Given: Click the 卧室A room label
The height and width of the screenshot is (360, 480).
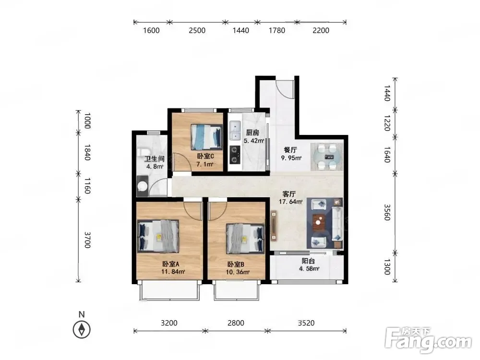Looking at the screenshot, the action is point(170,264).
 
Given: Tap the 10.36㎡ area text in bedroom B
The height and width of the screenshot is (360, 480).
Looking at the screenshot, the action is point(238,272).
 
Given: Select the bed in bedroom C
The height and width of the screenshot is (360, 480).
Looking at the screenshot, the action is point(206,137).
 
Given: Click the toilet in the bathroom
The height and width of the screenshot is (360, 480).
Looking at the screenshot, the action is point(143,152).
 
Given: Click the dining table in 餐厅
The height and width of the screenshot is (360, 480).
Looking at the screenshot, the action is point(327,157).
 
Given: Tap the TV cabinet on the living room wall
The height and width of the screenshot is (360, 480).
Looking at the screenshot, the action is point(274,226).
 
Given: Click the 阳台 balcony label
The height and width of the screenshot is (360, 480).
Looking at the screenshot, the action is point(308,261).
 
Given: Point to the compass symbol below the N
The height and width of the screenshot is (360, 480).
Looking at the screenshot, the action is point(82,330).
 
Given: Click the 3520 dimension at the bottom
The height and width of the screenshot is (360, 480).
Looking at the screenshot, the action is point(306,323).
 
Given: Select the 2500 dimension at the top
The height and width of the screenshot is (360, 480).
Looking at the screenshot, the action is point(197,30).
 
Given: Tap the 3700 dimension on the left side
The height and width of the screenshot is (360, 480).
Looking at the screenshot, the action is point(87,240).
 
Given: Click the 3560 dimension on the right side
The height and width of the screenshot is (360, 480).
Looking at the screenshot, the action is point(387,212).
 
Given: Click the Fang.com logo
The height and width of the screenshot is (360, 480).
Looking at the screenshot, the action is point(428,340).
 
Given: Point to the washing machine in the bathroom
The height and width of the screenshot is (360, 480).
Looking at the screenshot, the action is point(143,186).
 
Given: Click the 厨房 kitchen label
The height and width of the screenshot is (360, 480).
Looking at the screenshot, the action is point(252,132).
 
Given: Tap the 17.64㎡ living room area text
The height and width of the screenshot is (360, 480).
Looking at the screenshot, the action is point(290,202).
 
